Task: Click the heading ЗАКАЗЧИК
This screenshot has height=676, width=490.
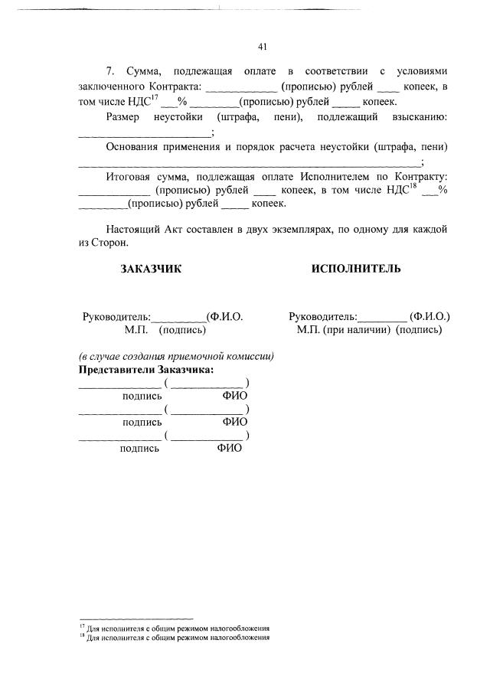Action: pos(152,269)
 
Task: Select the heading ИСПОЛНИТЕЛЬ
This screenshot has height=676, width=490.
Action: pos(356,269)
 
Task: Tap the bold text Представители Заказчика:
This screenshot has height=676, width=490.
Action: pos(147,370)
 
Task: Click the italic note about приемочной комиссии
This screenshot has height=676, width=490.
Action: pos(177,357)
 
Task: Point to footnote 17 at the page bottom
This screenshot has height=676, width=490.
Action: pos(177,627)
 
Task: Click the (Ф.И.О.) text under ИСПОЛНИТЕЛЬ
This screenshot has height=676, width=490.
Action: pos(430,316)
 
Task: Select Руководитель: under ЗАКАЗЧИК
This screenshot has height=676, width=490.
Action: pos(116,316)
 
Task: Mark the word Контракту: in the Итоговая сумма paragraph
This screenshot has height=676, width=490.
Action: pos(416,176)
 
